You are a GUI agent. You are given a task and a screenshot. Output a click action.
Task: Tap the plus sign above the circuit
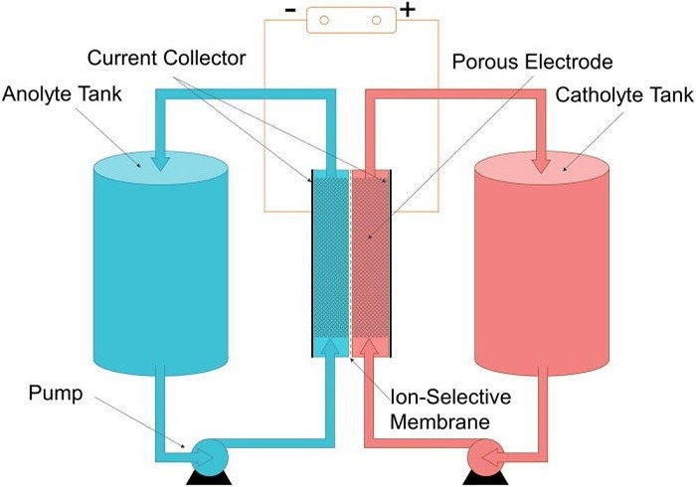coord(406,13)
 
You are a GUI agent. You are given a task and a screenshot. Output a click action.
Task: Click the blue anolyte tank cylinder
coord(159,268)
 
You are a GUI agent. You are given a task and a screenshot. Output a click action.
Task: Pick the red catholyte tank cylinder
coord(539,268)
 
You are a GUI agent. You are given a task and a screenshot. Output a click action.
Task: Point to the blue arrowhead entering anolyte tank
coord(159,158)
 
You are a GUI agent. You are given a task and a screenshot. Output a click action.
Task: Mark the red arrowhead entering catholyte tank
coord(539,158)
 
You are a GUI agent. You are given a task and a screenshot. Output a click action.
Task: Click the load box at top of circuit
coord(347,19)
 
